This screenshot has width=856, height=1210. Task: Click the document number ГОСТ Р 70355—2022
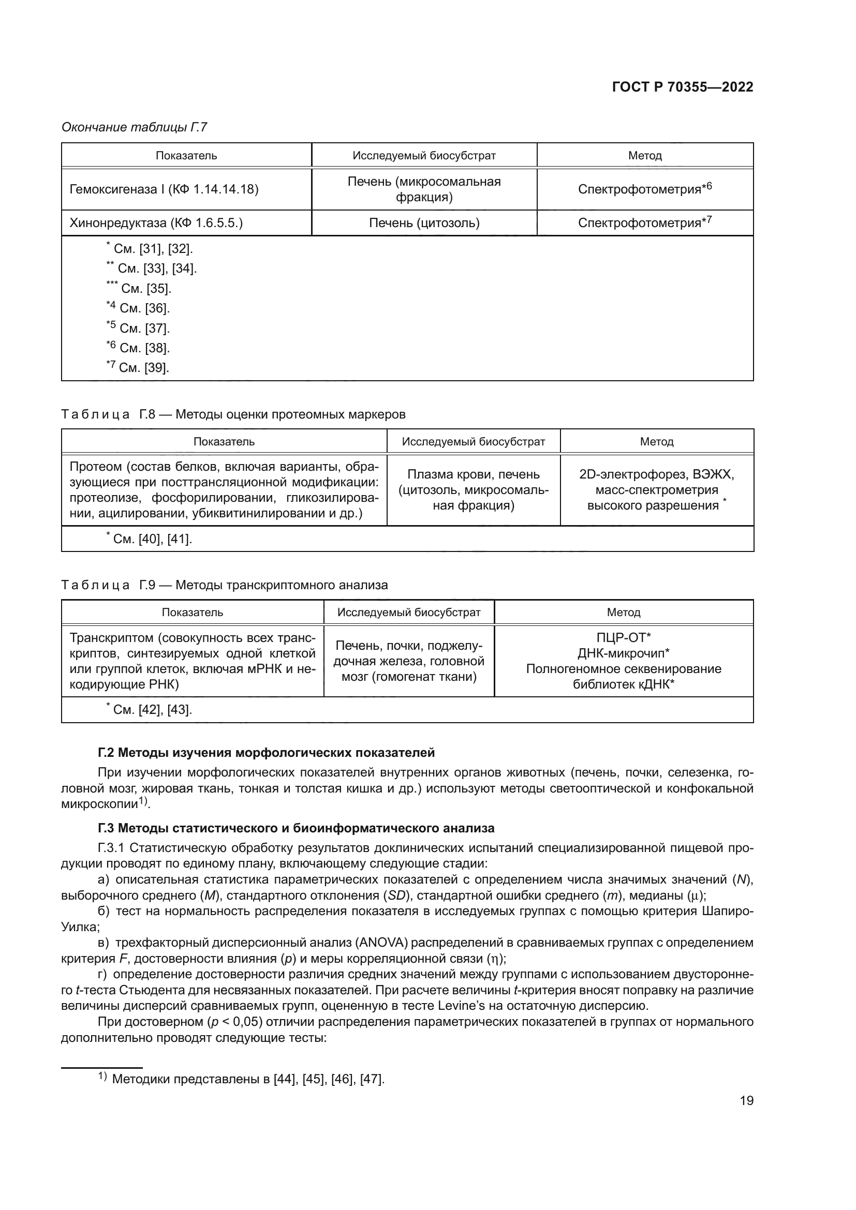682,87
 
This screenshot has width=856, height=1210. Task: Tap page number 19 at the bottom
746,1100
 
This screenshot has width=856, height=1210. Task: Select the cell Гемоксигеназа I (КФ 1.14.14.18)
164,189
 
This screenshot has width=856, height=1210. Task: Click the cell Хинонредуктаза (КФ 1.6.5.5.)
156,223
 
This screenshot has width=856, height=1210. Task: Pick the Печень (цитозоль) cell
424,223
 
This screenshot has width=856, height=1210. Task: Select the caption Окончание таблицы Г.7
135,127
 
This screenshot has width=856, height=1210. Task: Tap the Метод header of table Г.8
656,442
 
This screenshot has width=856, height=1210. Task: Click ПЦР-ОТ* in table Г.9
624,638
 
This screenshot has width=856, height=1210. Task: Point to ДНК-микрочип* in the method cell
624,653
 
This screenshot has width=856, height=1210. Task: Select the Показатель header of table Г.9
193,613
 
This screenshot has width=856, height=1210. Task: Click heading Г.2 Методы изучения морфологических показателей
266,753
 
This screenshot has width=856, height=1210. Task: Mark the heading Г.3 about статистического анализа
296,828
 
